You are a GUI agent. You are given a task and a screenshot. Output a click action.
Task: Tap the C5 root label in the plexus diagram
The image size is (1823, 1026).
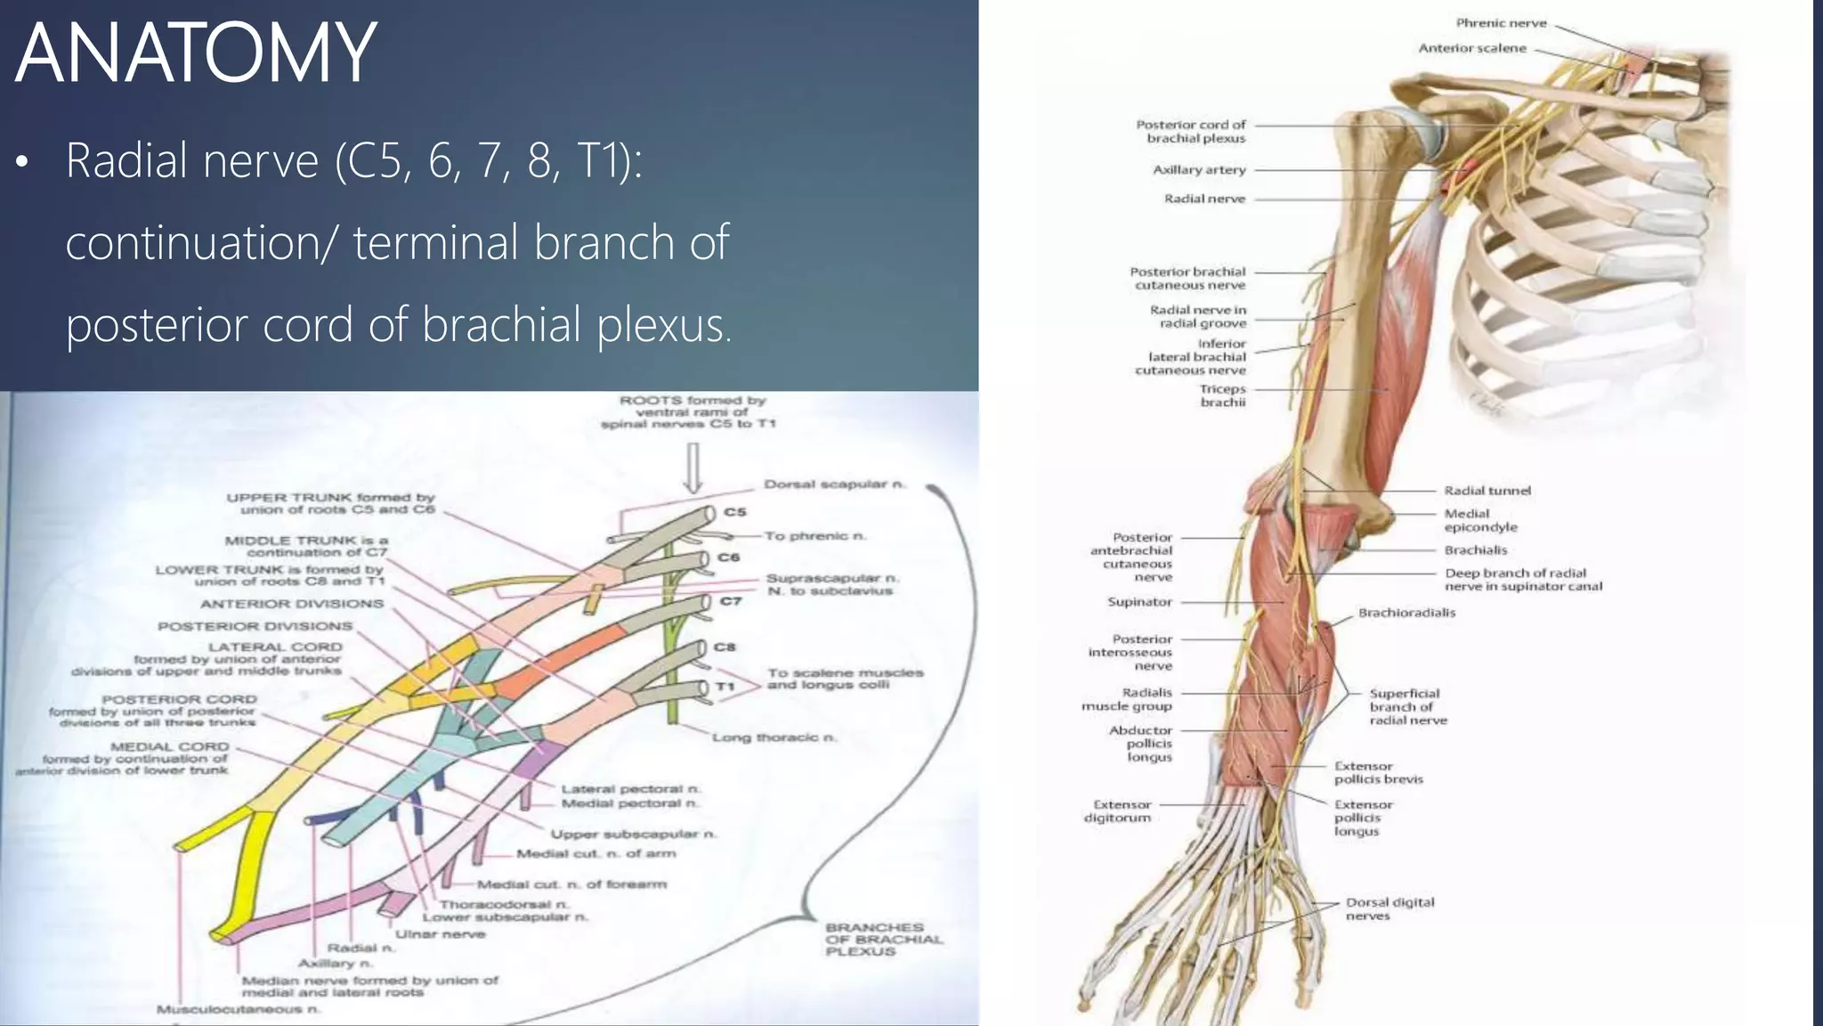pyautogui.click(x=735, y=512)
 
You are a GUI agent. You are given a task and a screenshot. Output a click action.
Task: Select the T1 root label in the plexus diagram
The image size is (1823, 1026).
pyautogui.click(x=725, y=687)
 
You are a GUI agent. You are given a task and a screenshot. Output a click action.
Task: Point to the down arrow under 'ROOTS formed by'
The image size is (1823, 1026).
pyautogui.click(x=693, y=468)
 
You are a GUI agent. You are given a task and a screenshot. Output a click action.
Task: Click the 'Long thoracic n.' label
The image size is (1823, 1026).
pyautogui.click(x=774, y=737)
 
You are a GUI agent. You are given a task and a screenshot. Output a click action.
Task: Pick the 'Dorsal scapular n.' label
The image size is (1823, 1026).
pyautogui.click(x=834, y=484)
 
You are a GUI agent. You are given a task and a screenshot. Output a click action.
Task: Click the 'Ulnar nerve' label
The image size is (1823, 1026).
pyautogui.click(x=440, y=934)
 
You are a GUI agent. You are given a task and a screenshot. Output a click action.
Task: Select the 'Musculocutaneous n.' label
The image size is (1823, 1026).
pyautogui.click(x=238, y=1009)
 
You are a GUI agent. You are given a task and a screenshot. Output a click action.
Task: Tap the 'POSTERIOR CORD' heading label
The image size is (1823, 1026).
pyautogui.click(x=179, y=699)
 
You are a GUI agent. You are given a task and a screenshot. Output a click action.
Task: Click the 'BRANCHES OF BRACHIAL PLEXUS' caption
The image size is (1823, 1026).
pyautogui.click(x=883, y=940)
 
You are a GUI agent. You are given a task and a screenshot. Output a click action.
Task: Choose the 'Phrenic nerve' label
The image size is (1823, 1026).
pyautogui.click(x=1501, y=23)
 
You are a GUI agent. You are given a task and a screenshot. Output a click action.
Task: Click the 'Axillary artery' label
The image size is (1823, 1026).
pyautogui.click(x=1199, y=169)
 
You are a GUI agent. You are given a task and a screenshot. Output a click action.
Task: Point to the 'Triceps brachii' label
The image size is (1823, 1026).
pyautogui.click(x=1222, y=395)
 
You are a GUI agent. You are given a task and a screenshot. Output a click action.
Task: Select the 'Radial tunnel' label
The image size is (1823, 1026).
pyautogui.click(x=1487, y=491)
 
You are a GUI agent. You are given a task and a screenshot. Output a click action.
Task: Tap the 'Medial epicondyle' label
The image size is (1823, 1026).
pyautogui.click(x=1480, y=520)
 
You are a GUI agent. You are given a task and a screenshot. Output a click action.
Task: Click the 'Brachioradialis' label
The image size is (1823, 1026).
pyautogui.click(x=1406, y=613)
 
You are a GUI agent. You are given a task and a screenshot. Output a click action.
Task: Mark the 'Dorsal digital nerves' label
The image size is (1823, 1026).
pyautogui.click(x=1390, y=908)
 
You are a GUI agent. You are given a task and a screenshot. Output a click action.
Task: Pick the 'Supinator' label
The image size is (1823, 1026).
pyautogui.click(x=1139, y=602)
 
